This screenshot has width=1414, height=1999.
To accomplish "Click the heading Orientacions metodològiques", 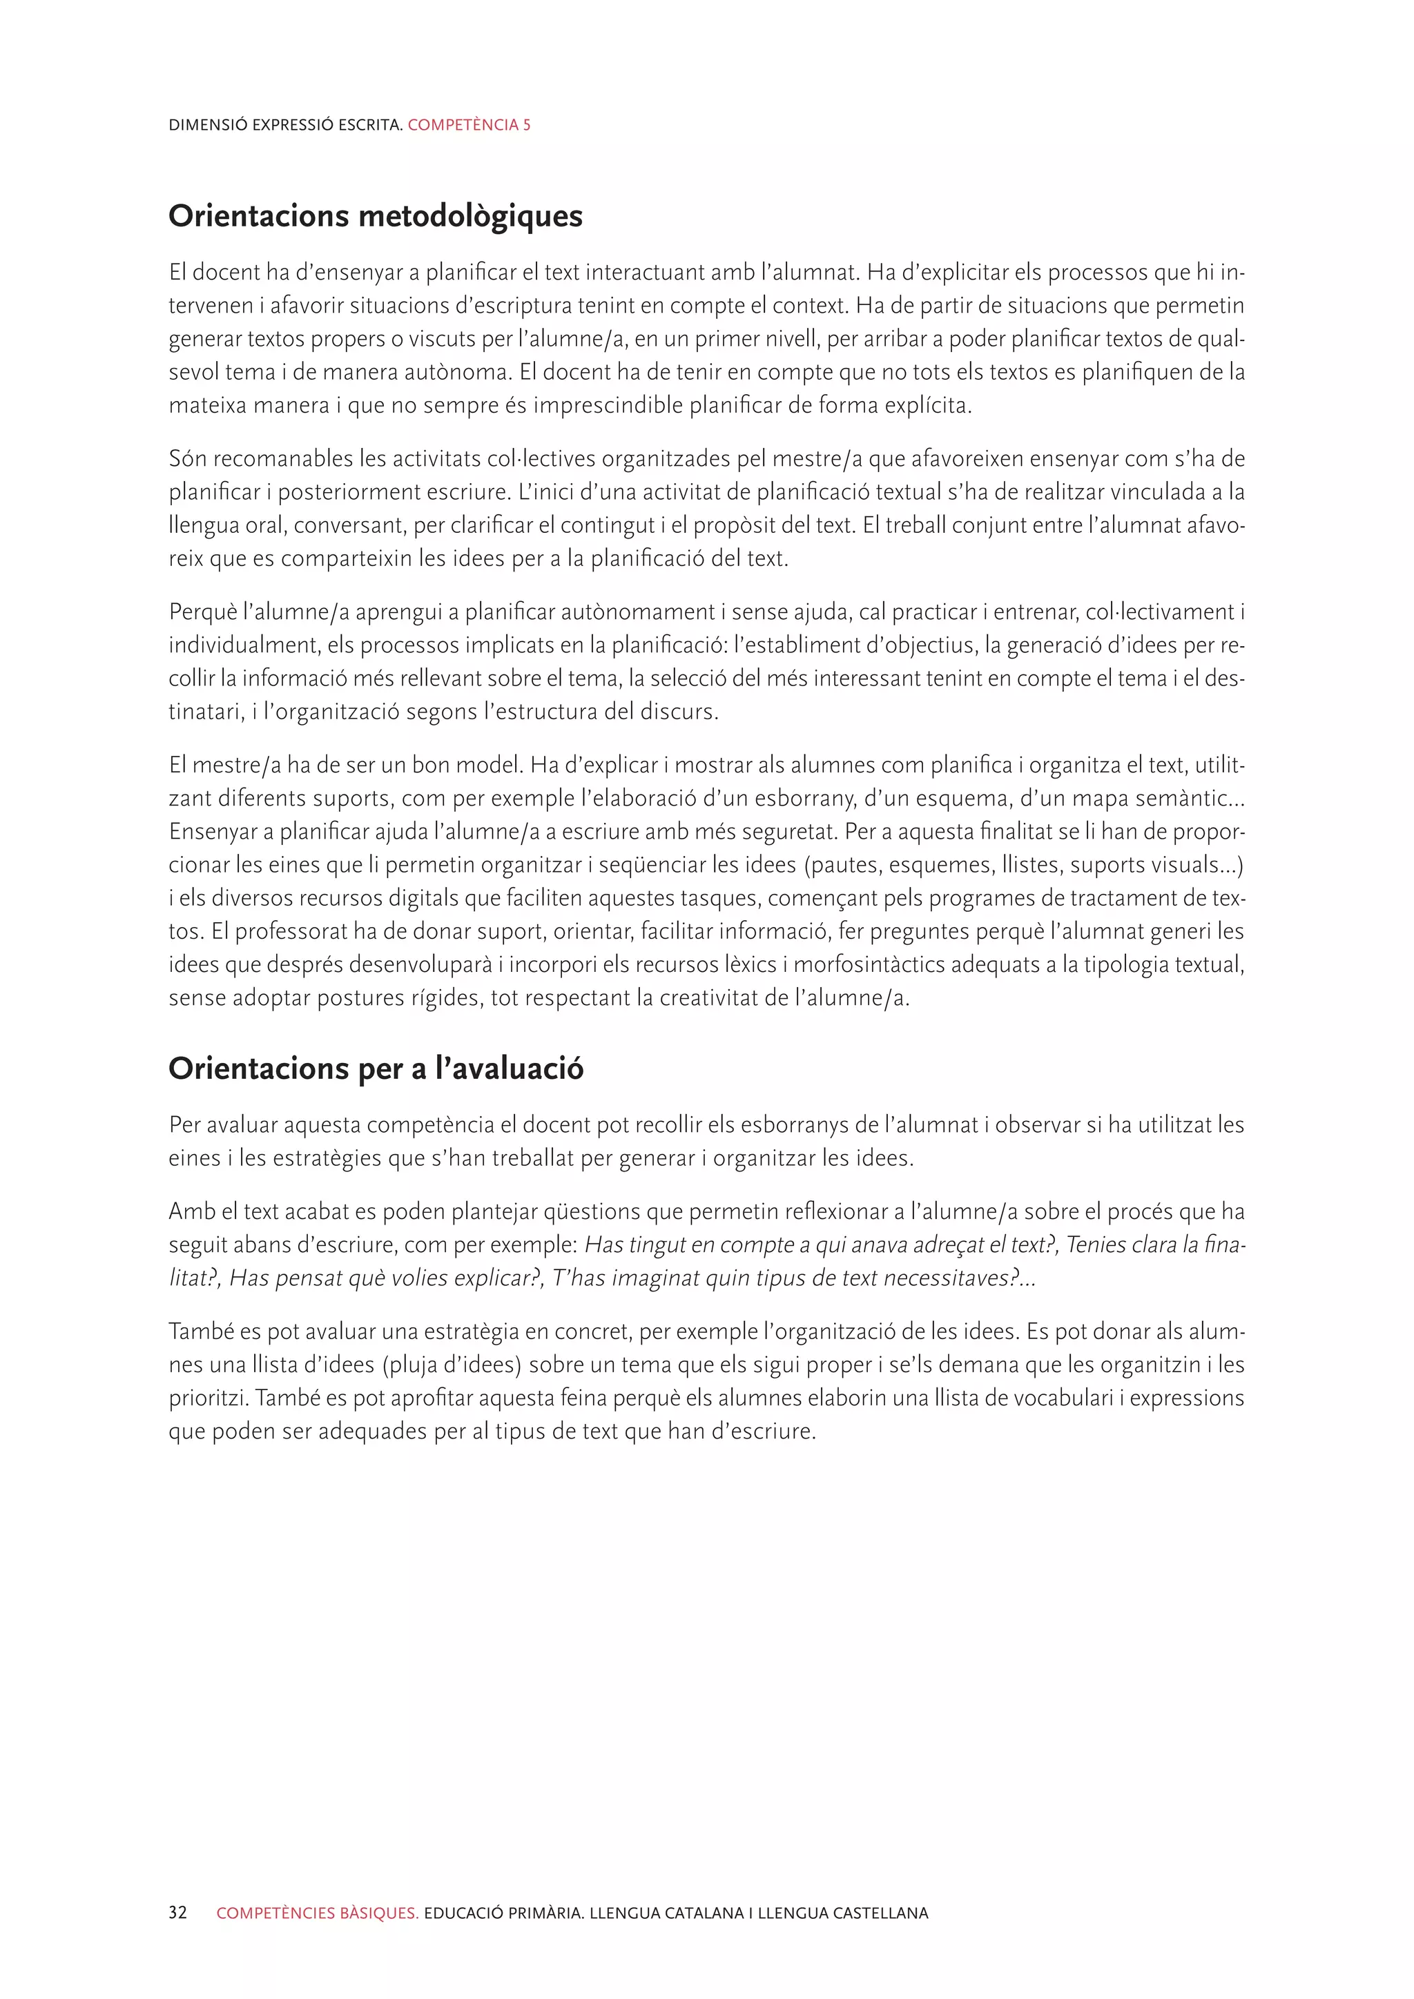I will click(x=376, y=216).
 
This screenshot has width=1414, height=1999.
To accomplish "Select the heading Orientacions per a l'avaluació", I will click(x=376, y=1069).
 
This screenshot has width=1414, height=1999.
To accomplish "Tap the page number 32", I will click(x=177, y=1913).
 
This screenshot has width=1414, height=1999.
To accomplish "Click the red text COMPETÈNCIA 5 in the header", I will click(x=468, y=124).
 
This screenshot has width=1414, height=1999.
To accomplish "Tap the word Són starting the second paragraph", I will click(x=187, y=459).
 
